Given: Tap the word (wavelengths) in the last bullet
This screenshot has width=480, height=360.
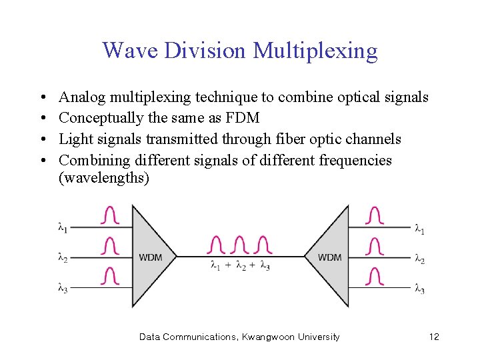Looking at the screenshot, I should [x=104, y=178].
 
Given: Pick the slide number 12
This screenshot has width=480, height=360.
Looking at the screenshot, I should [x=434, y=337].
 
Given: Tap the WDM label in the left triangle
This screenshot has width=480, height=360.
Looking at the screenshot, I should [x=151, y=257].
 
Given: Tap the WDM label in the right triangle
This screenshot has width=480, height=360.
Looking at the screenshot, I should [x=330, y=257].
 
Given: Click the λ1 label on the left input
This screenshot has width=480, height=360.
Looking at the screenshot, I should [x=63, y=228].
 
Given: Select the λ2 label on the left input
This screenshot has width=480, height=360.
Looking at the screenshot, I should [x=63, y=258].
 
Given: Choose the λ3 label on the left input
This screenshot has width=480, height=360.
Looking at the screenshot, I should [x=63, y=288].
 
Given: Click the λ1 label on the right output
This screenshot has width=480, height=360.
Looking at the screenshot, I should [x=419, y=230].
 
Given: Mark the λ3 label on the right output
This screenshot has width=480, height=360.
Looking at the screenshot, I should [x=419, y=289].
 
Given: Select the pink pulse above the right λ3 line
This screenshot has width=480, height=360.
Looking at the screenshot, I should [x=375, y=276].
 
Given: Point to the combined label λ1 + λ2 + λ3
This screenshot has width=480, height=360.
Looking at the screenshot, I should [x=240, y=266].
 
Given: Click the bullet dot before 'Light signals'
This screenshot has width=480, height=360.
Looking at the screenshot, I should [x=43, y=139].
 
